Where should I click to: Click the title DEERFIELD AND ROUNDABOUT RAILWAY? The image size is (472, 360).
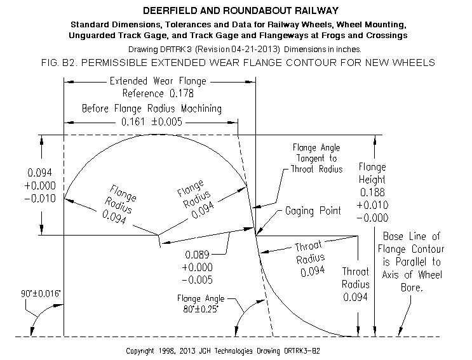tap(241, 11)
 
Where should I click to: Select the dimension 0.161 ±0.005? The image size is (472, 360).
tap(152, 122)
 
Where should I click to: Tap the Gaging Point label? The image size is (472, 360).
tap(313, 211)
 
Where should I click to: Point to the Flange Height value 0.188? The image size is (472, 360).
tap(372, 192)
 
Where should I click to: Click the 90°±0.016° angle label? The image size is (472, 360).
tap(41, 293)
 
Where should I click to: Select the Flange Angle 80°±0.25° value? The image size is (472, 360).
tap(201, 309)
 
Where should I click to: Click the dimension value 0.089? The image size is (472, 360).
tap(197, 255)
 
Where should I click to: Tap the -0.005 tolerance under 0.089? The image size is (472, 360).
tap(197, 280)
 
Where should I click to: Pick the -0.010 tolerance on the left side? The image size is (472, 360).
tap(40, 199)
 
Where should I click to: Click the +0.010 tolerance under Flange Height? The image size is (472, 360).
tap(372, 205)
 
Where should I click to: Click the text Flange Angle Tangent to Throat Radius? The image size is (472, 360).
tap(316, 158)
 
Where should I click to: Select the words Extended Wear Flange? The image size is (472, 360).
tap(158, 81)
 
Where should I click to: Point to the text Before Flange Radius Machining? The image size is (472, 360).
tap(152, 109)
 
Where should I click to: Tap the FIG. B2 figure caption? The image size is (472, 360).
tap(238, 63)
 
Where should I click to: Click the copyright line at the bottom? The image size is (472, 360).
tap(223, 351)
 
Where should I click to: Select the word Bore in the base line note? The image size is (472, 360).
tap(411, 288)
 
